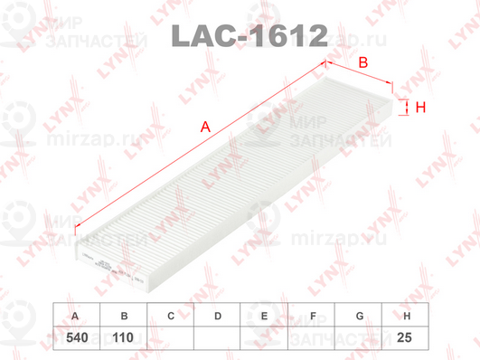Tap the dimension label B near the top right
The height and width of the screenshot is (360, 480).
[x=362, y=63]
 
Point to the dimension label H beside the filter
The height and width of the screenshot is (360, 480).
[x=420, y=109]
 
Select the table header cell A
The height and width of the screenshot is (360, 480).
[x=75, y=317]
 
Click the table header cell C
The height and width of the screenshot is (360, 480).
[x=170, y=317]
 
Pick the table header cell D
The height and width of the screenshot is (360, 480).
[x=218, y=317]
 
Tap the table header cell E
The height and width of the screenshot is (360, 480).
[x=265, y=317]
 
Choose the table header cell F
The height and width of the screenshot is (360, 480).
[x=312, y=317]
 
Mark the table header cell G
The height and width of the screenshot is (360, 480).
[x=360, y=317]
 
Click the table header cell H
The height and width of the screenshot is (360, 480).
[x=407, y=317]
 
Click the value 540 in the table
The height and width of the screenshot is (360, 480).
[x=75, y=338]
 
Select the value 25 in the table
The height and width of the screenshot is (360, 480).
[x=407, y=338]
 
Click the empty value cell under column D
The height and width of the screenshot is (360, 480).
[x=218, y=338]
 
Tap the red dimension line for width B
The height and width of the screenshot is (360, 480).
[x=359, y=75]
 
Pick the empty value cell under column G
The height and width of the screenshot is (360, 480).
[x=360, y=338]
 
